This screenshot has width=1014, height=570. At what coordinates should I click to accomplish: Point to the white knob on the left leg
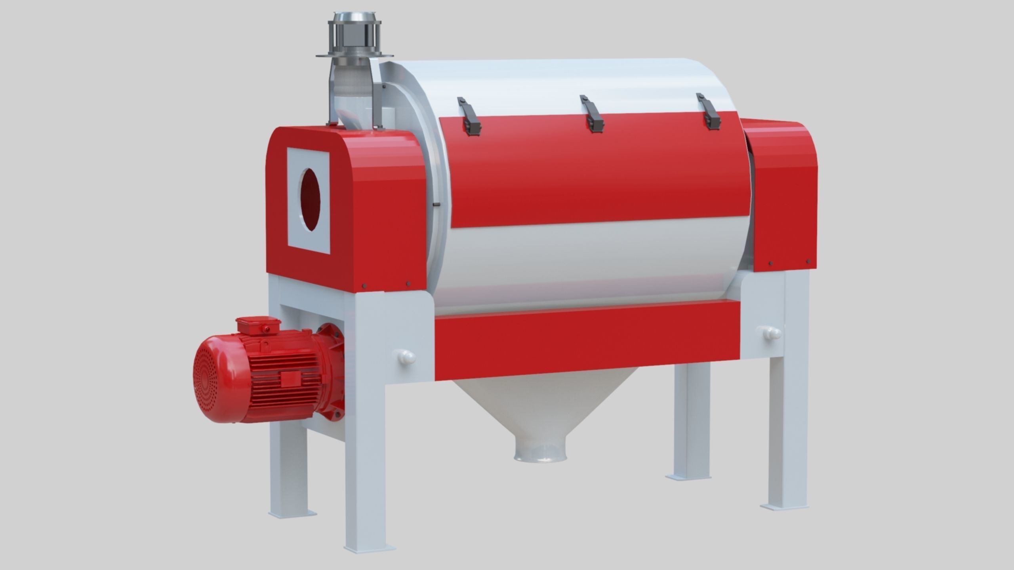coord(406,356)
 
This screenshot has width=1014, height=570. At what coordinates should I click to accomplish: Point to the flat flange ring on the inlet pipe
coord(355,66)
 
